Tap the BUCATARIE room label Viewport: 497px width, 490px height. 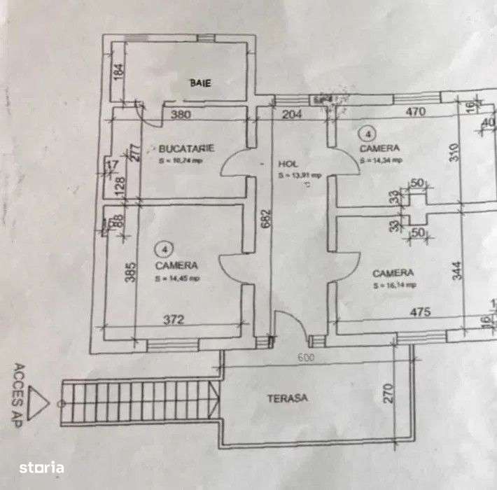pyautogui.click(x=185, y=148)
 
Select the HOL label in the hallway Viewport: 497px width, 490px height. pyautogui.click(x=288, y=162)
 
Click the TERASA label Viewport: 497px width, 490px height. pyautogui.click(x=288, y=398)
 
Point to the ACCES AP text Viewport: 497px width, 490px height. pyautogui.click(x=20, y=388)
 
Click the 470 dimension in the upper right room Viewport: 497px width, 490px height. pyautogui.click(x=416, y=110)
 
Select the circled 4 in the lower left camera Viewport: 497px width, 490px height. pyautogui.click(x=164, y=248)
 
